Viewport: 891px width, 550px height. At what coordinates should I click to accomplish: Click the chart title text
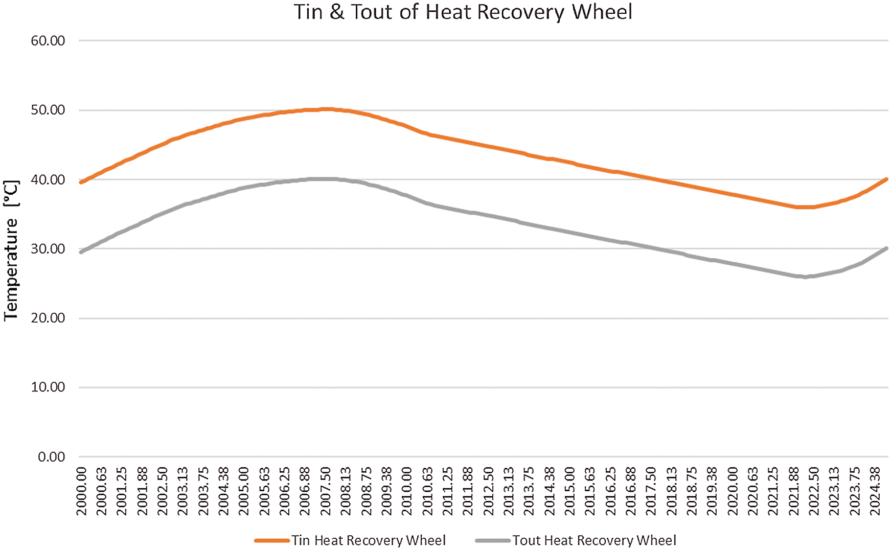pyautogui.click(x=463, y=12)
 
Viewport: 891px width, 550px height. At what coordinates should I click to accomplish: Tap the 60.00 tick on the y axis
pyautogui.click(x=48, y=41)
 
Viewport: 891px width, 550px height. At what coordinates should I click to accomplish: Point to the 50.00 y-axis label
pyautogui.click(x=48, y=110)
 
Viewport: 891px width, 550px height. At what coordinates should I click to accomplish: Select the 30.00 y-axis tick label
pyautogui.click(x=48, y=249)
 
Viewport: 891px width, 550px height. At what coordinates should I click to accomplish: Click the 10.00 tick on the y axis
pyautogui.click(x=48, y=387)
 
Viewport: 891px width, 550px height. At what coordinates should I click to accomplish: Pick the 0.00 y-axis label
pyautogui.click(x=51, y=457)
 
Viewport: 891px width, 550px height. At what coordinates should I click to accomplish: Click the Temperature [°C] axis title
pyautogui.click(x=11, y=250)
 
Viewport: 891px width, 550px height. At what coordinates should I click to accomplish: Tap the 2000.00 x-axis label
pyautogui.click(x=82, y=491)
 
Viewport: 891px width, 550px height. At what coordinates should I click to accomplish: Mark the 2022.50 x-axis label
pyautogui.click(x=814, y=491)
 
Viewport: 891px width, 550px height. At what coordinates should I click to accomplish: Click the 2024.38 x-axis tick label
pyautogui.click(x=875, y=491)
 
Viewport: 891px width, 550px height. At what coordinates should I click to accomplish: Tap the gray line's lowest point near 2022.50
pyautogui.click(x=805, y=277)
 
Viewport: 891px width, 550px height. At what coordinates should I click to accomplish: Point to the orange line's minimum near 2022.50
pyautogui.click(x=805, y=207)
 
